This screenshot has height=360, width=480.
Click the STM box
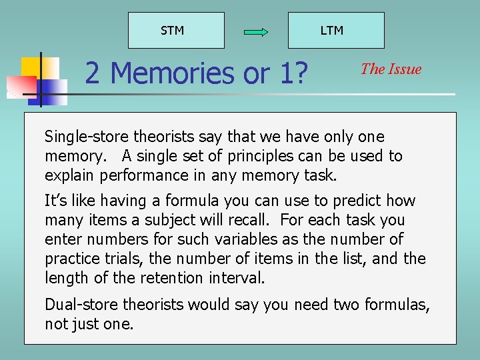pos(175,30)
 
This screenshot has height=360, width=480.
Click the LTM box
pos(335,30)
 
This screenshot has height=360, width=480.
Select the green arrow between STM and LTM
pos(256,31)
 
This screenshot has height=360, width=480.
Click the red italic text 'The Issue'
pos(391,69)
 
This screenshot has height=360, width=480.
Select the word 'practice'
pos(73,259)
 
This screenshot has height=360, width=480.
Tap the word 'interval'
pos(237,277)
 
